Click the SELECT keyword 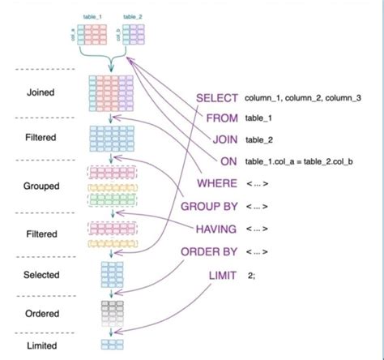coord(217,97)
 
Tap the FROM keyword coord(222,118)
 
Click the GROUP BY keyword coord(210,206)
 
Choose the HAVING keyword coord(215,229)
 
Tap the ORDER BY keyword coord(210,251)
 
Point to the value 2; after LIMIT coord(253,276)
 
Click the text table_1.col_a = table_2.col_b coord(300,161)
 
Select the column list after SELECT coord(303,98)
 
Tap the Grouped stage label coord(41,186)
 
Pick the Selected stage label coord(40,276)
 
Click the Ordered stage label coord(40,312)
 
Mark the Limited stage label coord(40,346)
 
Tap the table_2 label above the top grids coord(133,16)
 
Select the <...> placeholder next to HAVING coord(257,229)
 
